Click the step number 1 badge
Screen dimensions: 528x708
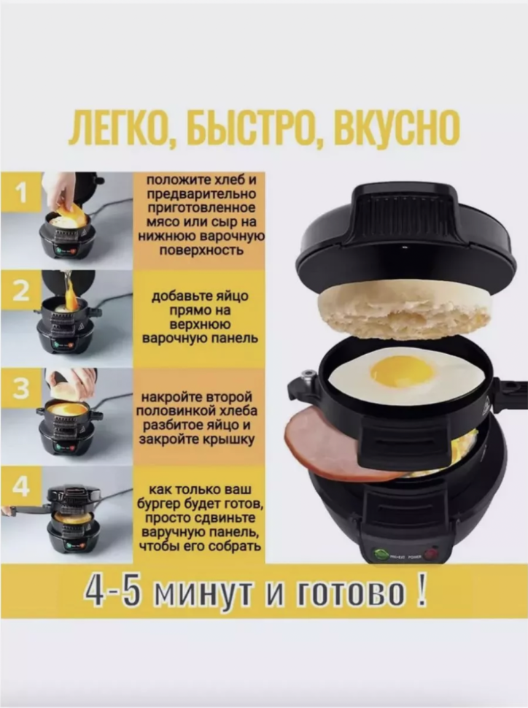tap(21, 193)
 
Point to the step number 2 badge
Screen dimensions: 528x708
tap(21, 291)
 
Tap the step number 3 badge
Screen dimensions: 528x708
tap(21, 389)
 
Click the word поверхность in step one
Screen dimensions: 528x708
tap(201, 250)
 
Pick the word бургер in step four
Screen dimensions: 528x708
tap(160, 504)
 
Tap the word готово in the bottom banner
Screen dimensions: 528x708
tap(351, 593)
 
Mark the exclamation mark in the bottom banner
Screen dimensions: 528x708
tap(421, 591)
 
